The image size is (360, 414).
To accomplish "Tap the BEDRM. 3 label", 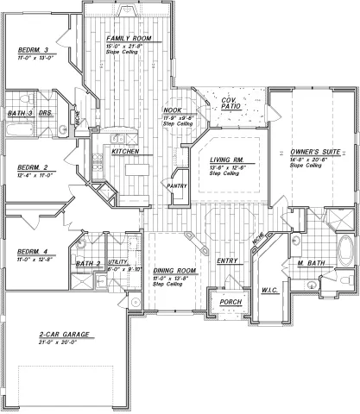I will [x=32, y=51].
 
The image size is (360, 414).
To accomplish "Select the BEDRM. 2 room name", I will [x=31, y=169].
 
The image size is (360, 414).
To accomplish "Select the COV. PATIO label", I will [x=229, y=104].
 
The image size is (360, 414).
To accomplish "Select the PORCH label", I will [x=231, y=303].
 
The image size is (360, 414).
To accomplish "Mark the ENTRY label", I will [x=227, y=260].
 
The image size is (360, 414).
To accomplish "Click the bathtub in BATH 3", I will [x=19, y=133].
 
